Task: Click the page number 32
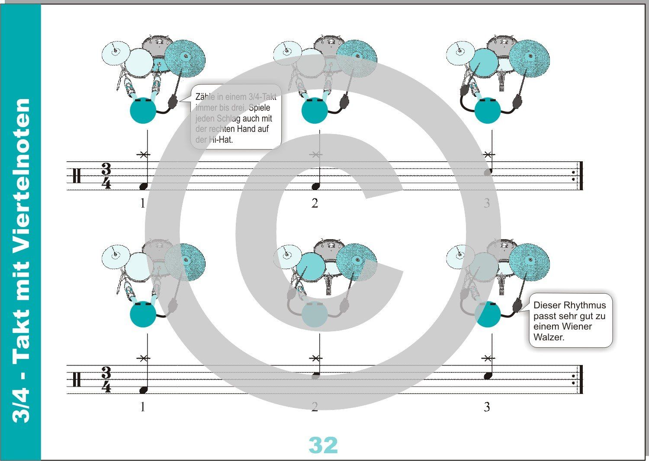click(x=323, y=445)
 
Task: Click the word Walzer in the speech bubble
click(x=549, y=337)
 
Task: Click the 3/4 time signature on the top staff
click(x=106, y=176)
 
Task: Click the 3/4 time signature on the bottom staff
click(x=106, y=379)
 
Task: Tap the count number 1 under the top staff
click(x=143, y=203)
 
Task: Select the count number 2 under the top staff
click(x=315, y=203)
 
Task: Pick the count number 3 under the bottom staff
click(x=487, y=407)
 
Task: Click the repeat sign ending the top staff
click(x=580, y=176)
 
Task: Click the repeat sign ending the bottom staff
click(x=580, y=379)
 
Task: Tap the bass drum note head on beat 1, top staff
click(x=144, y=186)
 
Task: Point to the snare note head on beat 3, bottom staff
click(x=488, y=376)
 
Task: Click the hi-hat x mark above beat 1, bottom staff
click(x=144, y=358)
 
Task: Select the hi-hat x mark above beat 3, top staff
click(x=488, y=154)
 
